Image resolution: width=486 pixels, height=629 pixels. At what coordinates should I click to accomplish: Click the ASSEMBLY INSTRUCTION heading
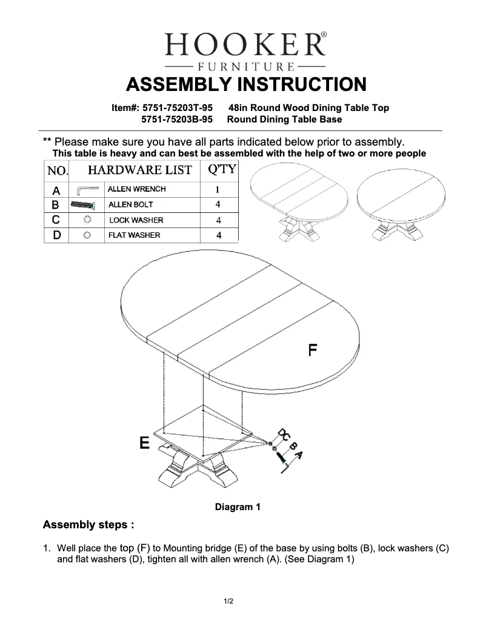coord(245,84)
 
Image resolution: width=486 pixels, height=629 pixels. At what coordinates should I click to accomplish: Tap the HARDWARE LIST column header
coord(140,170)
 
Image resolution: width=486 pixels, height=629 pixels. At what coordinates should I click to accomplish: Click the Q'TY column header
coord(221,169)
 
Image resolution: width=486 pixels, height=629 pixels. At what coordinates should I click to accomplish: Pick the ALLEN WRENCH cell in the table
coord(136,189)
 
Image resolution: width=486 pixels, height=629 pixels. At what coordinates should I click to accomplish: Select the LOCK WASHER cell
coord(136,220)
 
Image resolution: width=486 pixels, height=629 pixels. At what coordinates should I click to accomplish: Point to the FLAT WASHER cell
coord(135,235)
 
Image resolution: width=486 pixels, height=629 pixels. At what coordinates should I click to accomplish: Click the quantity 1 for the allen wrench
coord(218,189)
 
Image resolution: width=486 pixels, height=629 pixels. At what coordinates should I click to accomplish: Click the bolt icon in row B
coord(84,205)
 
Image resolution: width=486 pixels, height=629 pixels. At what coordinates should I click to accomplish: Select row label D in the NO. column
coord(56,235)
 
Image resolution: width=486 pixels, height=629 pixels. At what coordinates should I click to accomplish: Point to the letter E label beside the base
coord(145,442)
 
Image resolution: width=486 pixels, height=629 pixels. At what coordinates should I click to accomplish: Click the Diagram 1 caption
coord(238,507)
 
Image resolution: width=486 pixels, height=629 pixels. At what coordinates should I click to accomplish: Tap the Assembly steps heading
coord(88,524)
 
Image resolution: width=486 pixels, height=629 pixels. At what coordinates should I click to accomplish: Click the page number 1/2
coord(228,601)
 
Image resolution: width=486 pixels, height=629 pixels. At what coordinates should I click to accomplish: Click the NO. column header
coord(57,170)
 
